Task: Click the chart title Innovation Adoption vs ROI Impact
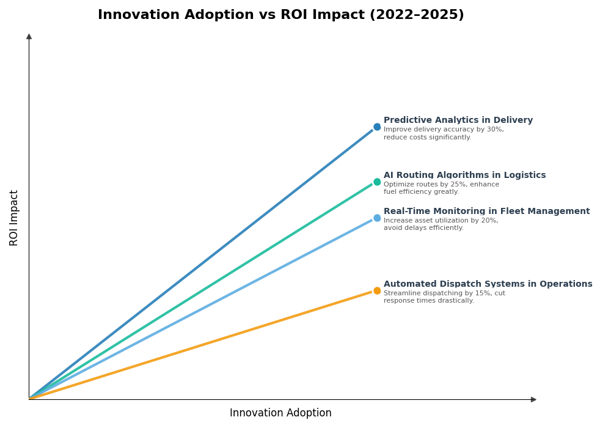280,15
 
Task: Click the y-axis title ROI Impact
14,218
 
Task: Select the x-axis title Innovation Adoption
280,413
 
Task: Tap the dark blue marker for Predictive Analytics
377,127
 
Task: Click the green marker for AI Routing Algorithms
377,182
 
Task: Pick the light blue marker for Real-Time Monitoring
377,218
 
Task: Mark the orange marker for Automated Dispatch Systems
377,291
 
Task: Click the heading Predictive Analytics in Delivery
458,120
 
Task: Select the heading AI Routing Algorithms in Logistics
464,175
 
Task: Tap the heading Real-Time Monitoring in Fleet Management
486,212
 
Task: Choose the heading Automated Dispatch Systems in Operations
488,284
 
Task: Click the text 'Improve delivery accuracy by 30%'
444,130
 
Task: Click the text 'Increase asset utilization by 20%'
441,221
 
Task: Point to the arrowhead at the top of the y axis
29,37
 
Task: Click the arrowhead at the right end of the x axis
533,400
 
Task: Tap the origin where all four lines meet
29,399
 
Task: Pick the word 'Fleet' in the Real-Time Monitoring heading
513,212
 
